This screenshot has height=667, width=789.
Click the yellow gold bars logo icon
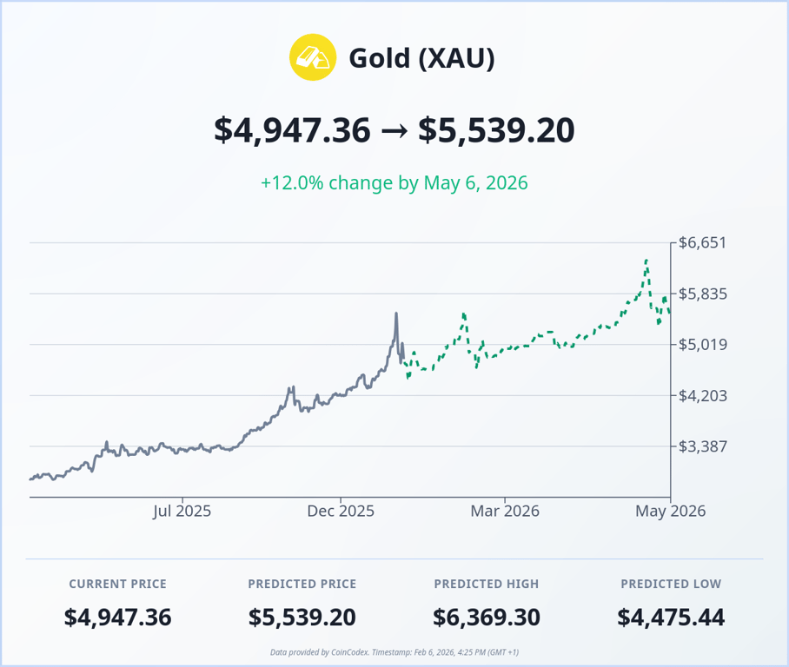pos(312,58)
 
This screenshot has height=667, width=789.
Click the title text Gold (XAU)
pos(421,58)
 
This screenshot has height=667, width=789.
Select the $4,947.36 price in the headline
pos(292,130)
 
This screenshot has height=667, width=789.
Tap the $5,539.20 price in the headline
pos(496,130)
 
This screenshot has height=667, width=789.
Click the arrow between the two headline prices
pos(394,131)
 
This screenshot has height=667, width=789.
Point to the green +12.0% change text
pos(394,183)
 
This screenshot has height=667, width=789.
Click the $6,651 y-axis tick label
pos(703,243)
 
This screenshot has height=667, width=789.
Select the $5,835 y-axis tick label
pos(703,294)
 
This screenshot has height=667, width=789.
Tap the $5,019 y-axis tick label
pos(703,345)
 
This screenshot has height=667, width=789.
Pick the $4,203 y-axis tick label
pos(703,396)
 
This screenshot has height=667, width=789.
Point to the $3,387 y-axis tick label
pos(703,446)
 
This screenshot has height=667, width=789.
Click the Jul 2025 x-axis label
pos(182,511)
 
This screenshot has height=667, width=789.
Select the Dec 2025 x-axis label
pos(341,511)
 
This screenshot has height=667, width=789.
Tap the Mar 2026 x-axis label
pos(505,511)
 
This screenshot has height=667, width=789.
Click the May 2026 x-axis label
pos(670,511)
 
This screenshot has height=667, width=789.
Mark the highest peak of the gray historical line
pos(396,314)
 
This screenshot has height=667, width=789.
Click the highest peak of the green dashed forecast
pos(646,260)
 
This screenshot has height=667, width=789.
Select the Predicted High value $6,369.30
pos(486,617)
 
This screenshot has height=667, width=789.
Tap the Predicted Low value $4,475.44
pos(671,617)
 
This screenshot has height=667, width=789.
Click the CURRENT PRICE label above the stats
pos(117,584)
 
